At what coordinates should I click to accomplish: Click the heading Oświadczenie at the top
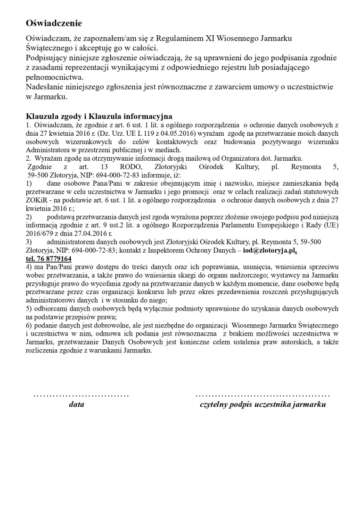click(54, 23)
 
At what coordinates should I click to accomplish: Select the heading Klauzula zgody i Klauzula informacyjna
click(99, 116)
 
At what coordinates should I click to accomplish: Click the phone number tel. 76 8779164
click(49, 259)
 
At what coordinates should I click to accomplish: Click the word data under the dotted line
click(76, 404)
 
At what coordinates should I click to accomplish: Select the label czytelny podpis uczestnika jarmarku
click(262, 404)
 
